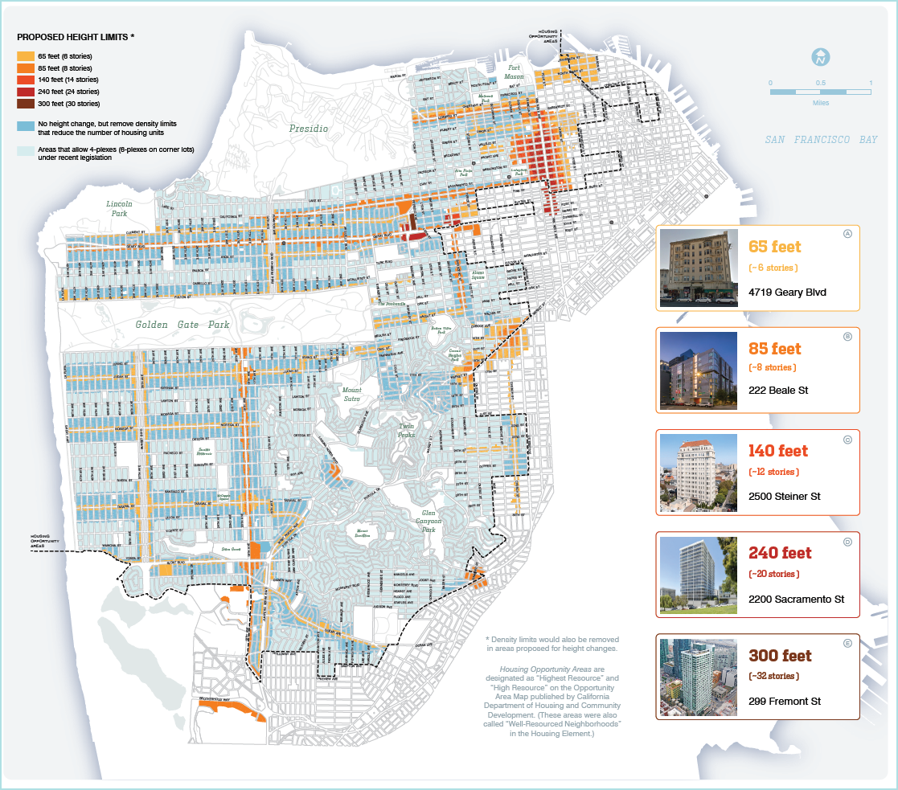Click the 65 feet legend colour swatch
point(26,56)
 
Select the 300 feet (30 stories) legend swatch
point(26,104)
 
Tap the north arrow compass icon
point(820,58)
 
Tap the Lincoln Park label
point(117,209)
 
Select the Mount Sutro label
point(351,395)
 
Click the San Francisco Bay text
point(821,140)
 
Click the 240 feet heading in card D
point(780,553)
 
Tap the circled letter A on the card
point(847,234)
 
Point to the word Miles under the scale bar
point(820,103)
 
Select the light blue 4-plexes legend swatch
point(26,151)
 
